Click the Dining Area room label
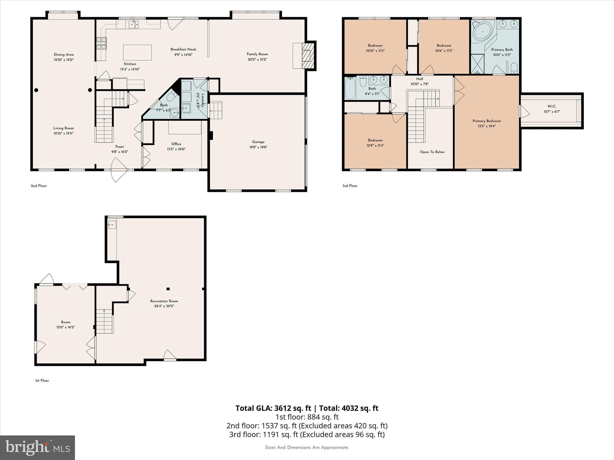64,55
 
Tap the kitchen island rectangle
137,53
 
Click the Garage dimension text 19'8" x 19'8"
258,147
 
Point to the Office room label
176,144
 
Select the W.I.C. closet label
552,106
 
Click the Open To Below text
432,152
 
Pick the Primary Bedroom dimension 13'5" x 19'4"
487,126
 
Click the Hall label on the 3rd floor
419,79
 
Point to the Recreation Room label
164,301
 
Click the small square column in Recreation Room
168,289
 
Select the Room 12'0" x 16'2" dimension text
65,327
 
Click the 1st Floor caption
42,381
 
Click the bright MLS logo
37,448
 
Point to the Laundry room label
203,100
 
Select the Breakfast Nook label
183,49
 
